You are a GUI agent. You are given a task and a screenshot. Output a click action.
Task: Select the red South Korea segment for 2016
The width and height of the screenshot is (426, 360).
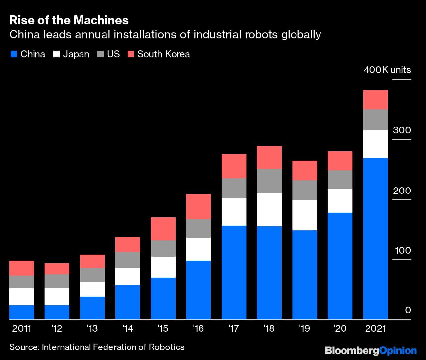click(198, 207)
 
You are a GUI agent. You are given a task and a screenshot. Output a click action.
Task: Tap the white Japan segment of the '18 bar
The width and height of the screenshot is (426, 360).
click(269, 209)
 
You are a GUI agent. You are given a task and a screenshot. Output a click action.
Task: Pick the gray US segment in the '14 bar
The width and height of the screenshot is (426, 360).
click(128, 260)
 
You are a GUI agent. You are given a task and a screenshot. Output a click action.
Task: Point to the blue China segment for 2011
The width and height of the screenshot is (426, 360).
click(21, 312)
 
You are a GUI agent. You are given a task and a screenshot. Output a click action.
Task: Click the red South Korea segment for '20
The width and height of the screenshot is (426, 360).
click(340, 161)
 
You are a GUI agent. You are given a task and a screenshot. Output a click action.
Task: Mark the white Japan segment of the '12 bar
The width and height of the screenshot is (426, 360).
click(57, 296)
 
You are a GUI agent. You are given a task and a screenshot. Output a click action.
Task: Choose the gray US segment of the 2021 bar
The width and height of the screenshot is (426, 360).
click(375, 120)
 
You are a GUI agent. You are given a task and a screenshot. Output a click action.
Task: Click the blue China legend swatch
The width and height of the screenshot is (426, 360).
click(13, 54)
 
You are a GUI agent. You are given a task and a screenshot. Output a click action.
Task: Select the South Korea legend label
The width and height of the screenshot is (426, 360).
click(163, 54)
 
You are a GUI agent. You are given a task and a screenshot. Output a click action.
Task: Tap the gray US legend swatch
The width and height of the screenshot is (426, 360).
click(101, 54)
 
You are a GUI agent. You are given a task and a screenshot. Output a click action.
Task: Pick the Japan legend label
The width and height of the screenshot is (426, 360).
click(76, 54)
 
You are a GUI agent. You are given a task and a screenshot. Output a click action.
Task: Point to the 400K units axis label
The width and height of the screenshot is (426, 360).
click(387, 70)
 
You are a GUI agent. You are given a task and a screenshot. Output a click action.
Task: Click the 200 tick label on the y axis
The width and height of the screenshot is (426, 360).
click(402, 191)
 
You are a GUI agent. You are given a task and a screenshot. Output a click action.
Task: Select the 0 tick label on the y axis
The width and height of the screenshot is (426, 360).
click(408, 310)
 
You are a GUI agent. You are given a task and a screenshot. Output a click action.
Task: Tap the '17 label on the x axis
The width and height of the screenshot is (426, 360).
click(233, 328)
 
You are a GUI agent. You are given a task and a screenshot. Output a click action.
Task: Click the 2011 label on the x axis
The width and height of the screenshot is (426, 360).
click(21, 328)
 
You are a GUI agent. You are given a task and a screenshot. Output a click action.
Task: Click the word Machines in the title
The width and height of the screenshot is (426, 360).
click(101, 20)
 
